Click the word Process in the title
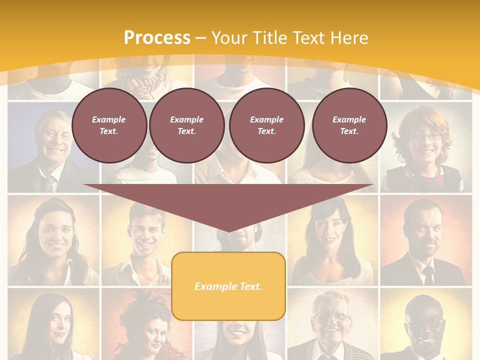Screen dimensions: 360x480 click(x=157, y=37)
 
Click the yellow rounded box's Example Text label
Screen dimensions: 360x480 click(x=228, y=286)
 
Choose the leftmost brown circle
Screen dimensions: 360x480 click(x=109, y=125)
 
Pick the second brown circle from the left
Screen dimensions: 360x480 click(x=186, y=125)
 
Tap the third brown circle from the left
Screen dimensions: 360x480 click(x=266, y=125)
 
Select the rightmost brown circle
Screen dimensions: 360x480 click(x=349, y=125)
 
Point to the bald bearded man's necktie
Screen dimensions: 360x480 click(x=428, y=274)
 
